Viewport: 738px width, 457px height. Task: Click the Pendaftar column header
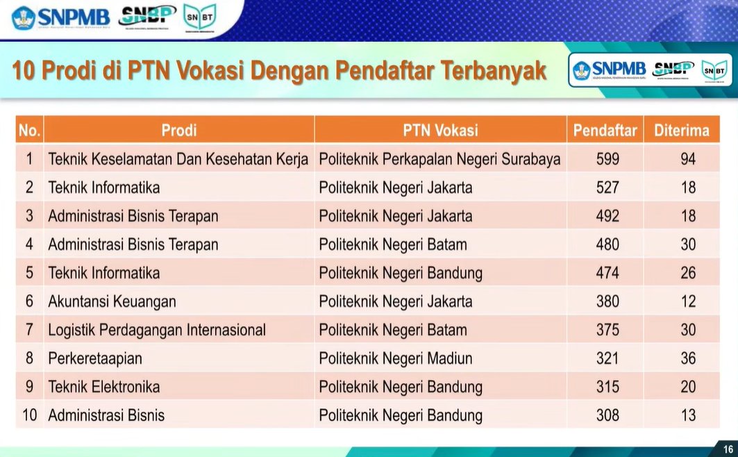coord(605,130)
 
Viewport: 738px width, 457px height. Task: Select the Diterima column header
coord(681,130)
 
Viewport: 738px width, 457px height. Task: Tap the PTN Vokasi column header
coord(440,130)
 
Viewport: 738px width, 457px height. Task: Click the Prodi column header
coord(179,130)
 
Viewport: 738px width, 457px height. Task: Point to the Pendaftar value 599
coord(607,159)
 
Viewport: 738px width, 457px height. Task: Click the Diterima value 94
coord(687,159)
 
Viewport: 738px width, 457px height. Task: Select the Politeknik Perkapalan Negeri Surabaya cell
coord(439,159)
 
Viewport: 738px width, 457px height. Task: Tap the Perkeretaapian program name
coord(95,358)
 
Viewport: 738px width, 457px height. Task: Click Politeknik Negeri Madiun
coord(396,358)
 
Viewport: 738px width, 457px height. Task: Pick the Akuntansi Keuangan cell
coord(112,301)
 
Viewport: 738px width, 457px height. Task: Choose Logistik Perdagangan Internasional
coord(157,330)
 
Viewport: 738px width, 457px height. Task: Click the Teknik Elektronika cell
coord(104,387)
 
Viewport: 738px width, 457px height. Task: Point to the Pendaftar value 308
coord(607,415)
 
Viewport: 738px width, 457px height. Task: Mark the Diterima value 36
coord(687,358)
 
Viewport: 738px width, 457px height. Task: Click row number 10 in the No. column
coord(29,415)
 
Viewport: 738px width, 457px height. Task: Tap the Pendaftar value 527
coord(607,188)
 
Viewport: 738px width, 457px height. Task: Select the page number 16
coord(728,449)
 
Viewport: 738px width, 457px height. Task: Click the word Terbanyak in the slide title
coord(485,71)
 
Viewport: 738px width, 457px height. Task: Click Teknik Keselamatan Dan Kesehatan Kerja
coord(178,159)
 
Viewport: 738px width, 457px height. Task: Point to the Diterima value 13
coord(687,415)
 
